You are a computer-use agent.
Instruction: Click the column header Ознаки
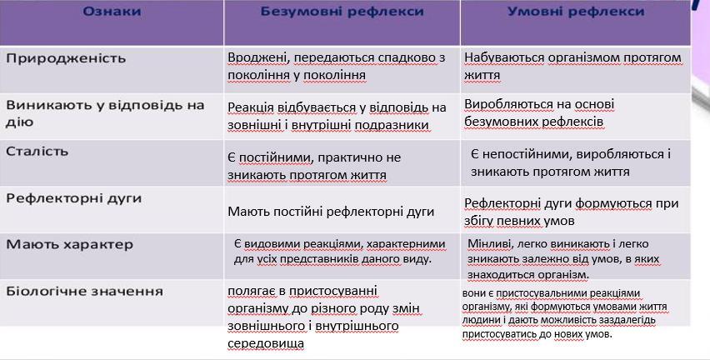tap(112, 12)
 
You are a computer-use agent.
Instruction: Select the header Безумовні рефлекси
tap(342, 12)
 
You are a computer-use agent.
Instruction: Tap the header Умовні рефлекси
tap(576, 12)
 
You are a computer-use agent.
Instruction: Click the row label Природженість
tap(66, 59)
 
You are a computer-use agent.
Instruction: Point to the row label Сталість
tap(37, 151)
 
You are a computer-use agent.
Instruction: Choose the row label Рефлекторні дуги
tap(74, 199)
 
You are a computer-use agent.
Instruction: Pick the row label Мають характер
tap(70, 245)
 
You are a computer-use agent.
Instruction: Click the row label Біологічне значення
tap(84, 291)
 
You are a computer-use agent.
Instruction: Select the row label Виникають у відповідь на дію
tap(105, 113)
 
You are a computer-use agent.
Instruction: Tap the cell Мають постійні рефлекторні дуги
tap(331, 212)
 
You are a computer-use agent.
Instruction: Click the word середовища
tap(266, 343)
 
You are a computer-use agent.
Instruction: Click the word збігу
tap(478, 221)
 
